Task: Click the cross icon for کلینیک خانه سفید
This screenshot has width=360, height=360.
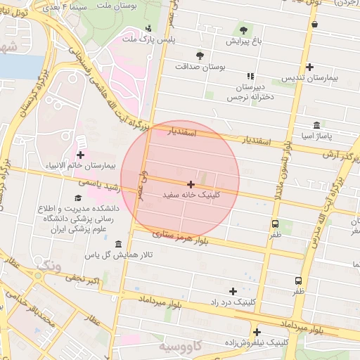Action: tap(191, 184)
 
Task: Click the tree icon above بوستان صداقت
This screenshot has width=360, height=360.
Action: tap(200, 55)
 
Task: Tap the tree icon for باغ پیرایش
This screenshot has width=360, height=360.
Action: tap(243, 30)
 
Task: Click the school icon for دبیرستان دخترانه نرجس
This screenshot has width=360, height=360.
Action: tap(250, 76)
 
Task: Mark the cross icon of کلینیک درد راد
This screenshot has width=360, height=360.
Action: tap(233, 290)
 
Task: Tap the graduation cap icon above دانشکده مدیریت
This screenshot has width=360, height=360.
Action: tap(78, 198)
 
